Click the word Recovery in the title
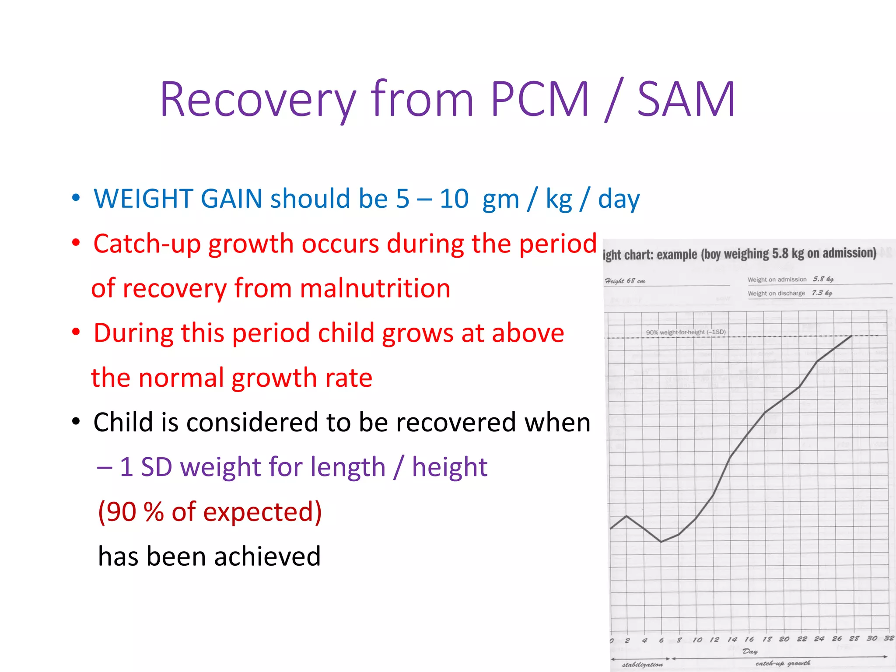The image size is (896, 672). tap(258, 100)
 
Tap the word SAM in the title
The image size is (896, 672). tap(686, 100)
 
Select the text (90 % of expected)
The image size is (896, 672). tap(210, 512)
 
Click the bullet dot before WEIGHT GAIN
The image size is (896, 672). tap(76, 198)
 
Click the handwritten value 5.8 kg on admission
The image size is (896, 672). tap(823, 279)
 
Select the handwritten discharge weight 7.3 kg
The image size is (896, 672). tap(822, 293)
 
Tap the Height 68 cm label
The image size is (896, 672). tap(625, 281)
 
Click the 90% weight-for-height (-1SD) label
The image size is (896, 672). tap(686, 332)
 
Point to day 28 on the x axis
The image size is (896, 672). tap(854, 639)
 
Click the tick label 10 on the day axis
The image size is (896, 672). tap(697, 640)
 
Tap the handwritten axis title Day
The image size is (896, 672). tap(750, 651)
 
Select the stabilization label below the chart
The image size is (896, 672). tap(642, 665)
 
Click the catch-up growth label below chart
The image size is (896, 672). tap(783, 664)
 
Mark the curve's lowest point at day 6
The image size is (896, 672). tap(661, 542)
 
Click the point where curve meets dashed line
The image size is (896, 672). tap(852, 336)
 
